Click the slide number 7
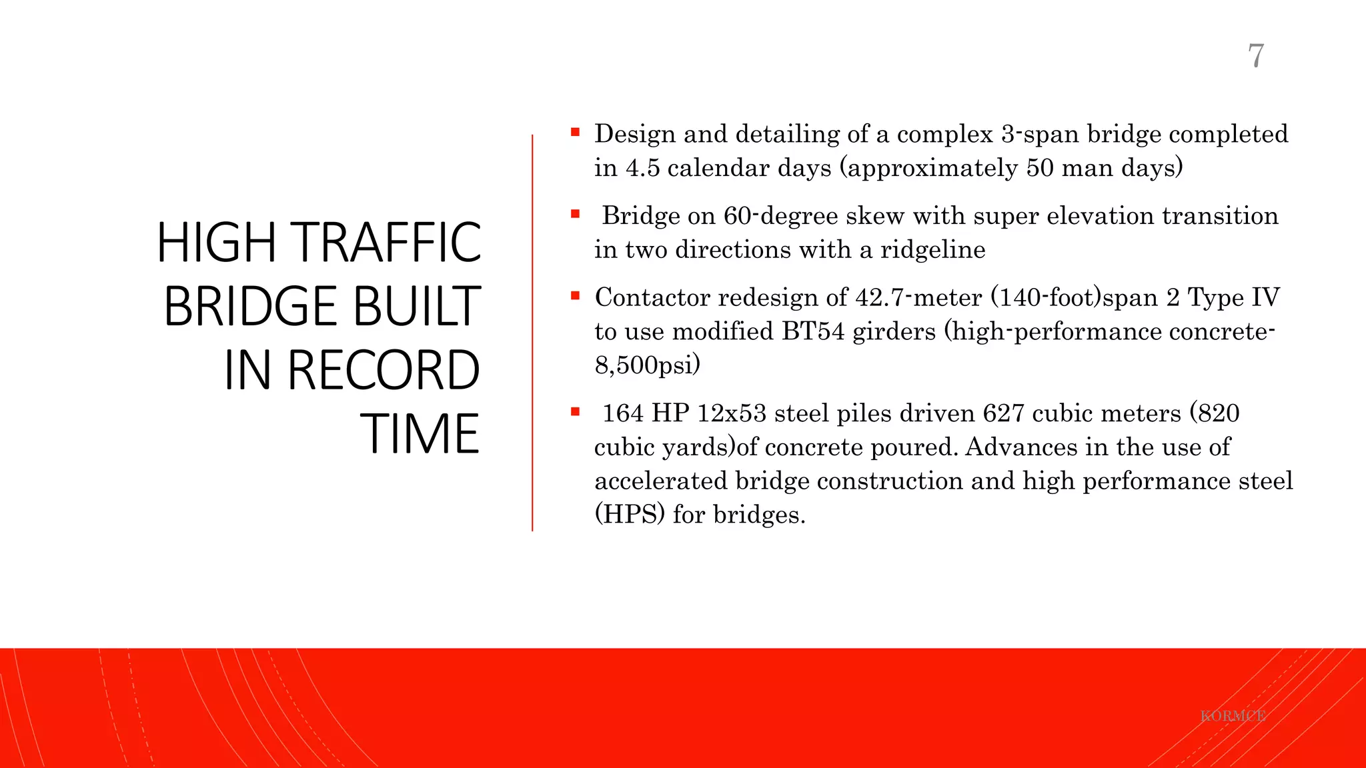click(1255, 55)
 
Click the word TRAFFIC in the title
click(387, 243)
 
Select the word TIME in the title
click(420, 434)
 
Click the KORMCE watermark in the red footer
click(1233, 716)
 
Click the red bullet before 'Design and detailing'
click(575, 133)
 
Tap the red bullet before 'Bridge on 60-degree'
click(575, 215)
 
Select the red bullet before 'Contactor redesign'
click(575, 296)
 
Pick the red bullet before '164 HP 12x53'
click(575, 412)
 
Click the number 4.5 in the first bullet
click(642, 168)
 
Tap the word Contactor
click(652, 297)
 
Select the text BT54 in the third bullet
click(812, 331)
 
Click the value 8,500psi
click(647, 365)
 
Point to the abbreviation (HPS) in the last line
click(630, 515)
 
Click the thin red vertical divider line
click(532, 333)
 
